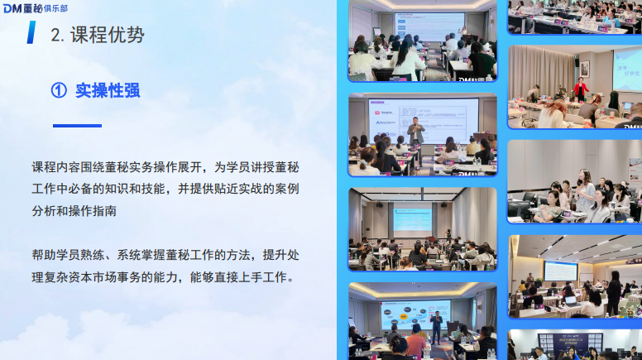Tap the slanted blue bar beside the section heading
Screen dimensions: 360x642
31,32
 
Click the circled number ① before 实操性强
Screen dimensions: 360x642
59,91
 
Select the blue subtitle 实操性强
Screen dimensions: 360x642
108,91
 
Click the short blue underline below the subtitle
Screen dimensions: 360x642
77,126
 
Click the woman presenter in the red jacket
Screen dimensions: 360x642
582,88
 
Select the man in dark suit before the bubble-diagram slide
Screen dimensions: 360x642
436,326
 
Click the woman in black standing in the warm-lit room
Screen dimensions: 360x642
614,291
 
